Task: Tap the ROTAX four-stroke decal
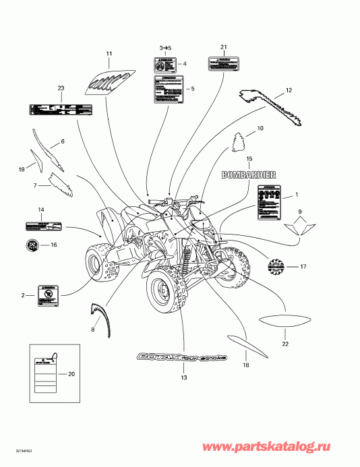[181, 356]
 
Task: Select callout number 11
[109, 53]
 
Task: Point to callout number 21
[223, 46]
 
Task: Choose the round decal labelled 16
[32, 245]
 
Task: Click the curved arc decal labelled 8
[100, 316]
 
